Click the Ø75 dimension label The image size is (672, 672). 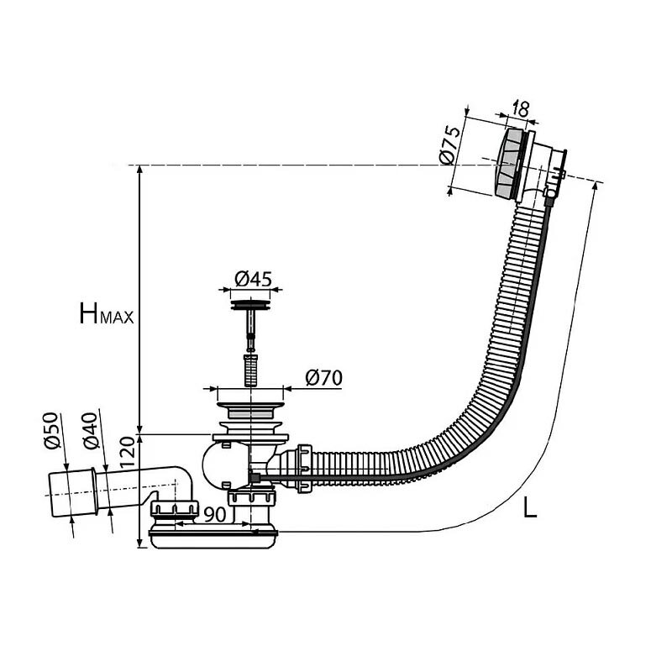450,144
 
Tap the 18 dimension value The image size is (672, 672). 520,109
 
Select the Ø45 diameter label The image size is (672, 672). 253,279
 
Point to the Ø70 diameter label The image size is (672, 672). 324,377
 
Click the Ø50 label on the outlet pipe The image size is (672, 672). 50,430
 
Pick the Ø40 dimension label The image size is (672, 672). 91,430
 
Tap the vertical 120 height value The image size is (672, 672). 128,453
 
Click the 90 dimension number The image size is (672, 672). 214,515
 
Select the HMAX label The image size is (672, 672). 107,313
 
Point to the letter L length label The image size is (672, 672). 530,508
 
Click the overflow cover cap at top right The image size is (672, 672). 509,163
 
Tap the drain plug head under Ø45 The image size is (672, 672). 250,305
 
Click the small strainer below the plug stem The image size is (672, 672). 250,370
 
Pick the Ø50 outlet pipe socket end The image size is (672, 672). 72,493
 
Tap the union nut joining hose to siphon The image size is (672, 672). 304,469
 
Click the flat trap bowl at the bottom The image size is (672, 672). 213,539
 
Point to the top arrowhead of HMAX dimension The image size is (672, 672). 139,169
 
